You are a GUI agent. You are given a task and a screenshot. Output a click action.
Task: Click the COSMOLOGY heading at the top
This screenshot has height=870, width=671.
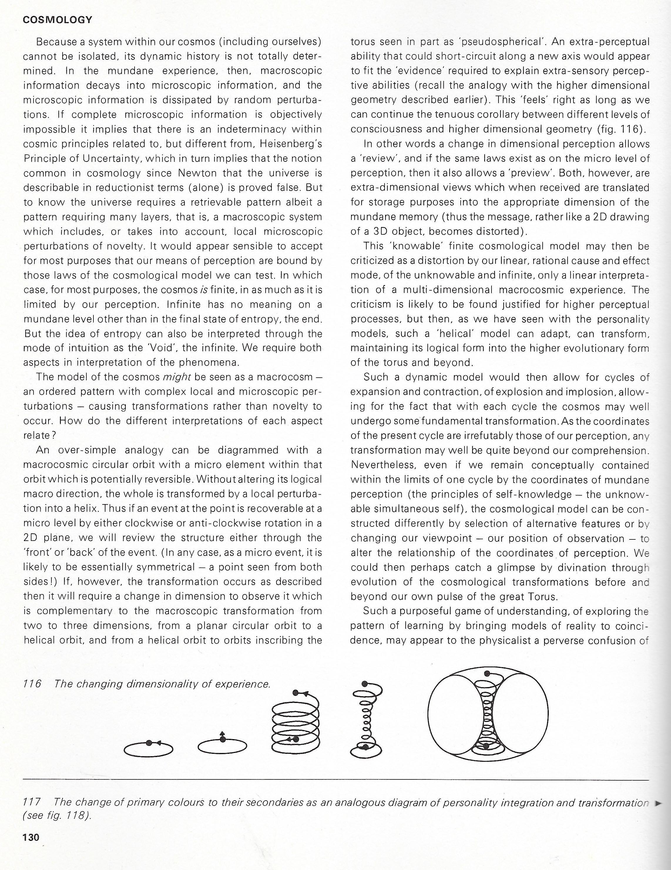(x=58, y=20)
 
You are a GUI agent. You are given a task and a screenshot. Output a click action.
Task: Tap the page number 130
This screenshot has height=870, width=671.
(x=31, y=837)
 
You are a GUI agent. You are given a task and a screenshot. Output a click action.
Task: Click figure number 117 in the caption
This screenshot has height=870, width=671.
(x=32, y=802)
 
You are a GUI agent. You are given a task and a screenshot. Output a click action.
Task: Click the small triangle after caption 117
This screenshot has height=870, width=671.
(x=659, y=803)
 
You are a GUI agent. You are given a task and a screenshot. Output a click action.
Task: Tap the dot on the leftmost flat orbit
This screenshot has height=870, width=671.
(x=148, y=743)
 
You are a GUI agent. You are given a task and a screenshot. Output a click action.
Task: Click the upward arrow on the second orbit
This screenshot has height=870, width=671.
(x=222, y=733)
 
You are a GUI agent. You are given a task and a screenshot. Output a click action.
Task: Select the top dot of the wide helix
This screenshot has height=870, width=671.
(x=295, y=693)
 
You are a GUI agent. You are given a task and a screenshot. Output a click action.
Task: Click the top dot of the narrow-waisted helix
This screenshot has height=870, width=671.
(x=364, y=684)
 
